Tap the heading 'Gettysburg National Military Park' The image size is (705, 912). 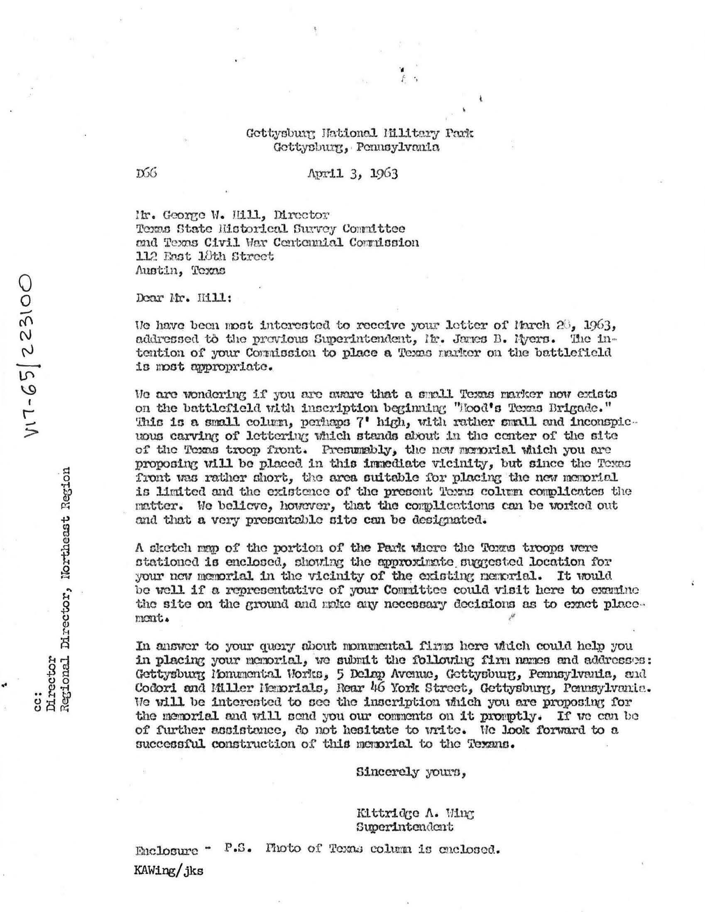click(360, 134)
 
